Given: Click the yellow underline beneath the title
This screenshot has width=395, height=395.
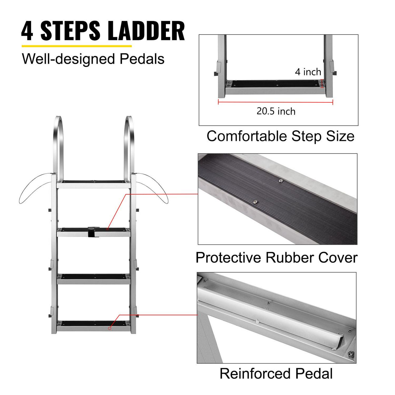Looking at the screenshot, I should pyautogui.click(x=76, y=46).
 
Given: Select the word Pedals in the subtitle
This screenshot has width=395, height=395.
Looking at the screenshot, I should pyautogui.click(x=142, y=59).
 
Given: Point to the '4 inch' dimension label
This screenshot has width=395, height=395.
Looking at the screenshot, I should pyautogui.click(x=308, y=72).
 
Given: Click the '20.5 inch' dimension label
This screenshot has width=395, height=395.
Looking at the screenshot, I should pyautogui.click(x=276, y=111).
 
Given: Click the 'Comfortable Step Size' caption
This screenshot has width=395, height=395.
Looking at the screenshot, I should pyautogui.click(x=280, y=136).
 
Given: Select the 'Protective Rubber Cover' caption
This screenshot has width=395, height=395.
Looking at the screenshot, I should pyautogui.click(x=276, y=257).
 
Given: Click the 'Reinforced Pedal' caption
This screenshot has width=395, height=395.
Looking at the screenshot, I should pyautogui.click(x=276, y=373).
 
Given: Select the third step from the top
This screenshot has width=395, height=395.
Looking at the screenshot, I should pyautogui.click(x=94, y=278).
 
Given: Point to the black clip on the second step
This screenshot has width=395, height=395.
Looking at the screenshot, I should pyautogui.click(x=91, y=231).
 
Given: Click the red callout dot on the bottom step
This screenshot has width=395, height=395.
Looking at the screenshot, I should pyautogui.click(x=110, y=328).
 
